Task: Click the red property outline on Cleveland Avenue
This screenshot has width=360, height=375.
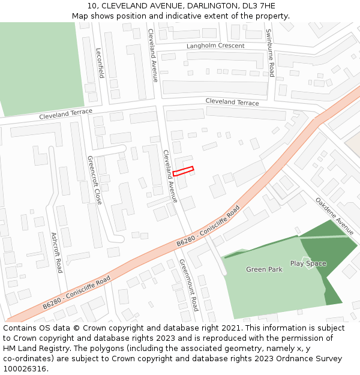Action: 183,172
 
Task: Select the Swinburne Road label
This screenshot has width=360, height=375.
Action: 270,53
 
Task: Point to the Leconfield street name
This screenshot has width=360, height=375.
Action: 100,64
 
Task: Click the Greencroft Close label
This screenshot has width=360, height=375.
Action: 95,180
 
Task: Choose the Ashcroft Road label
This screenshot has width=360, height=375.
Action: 56,253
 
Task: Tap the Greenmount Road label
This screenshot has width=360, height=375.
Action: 188,285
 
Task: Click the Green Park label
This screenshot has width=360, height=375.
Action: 264,269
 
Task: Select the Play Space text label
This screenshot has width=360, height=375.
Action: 308,263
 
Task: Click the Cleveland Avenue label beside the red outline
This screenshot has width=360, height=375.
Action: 170,176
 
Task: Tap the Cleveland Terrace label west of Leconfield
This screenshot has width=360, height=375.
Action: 66,114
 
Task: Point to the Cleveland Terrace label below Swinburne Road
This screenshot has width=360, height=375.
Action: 232,102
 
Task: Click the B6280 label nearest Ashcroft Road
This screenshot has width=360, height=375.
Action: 76,293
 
